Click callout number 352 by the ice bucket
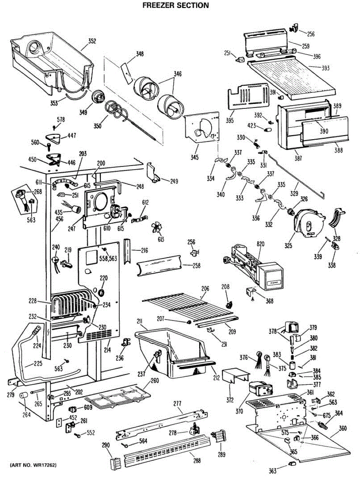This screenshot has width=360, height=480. pyautogui.click(x=92, y=41)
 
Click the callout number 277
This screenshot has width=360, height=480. pyautogui.click(x=177, y=404)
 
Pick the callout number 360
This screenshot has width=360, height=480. pyautogui.click(x=342, y=429)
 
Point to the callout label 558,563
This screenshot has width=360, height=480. pyautogui.click(x=108, y=258)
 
